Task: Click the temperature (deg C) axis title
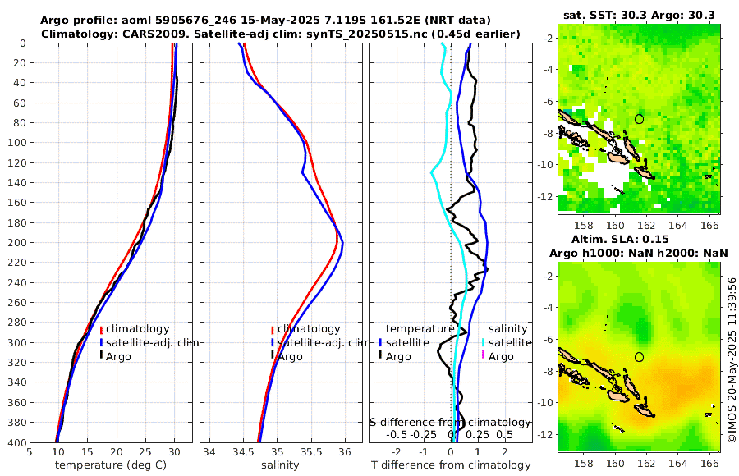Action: point(111,465)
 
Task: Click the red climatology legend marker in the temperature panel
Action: point(101,329)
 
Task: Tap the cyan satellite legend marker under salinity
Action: point(484,342)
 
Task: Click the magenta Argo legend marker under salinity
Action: point(484,356)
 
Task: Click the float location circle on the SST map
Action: point(640,119)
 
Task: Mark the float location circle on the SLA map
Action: point(640,357)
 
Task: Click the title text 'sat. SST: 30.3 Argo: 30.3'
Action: point(639,15)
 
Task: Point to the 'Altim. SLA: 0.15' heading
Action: point(640,238)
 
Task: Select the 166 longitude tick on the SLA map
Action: point(710,462)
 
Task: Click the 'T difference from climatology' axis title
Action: point(451,465)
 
